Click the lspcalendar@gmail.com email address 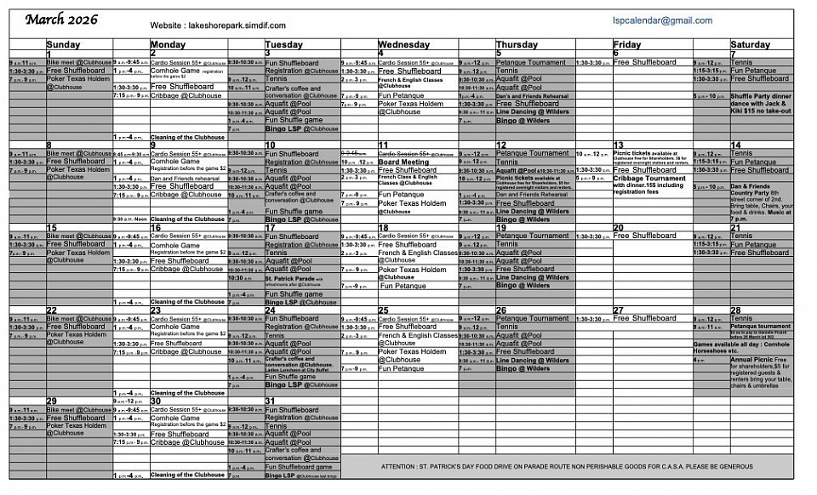click(x=662, y=20)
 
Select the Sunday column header click(x=63, y=44)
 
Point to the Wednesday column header click(x=404, y=44)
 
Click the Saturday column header click(x=750, y=44)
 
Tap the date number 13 click(x=619, y=145)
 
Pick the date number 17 click(x=270, y=228)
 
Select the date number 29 click(x=52, y=401)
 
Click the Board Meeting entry click(x=403, y=162)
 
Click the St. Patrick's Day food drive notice click(x=567, y=466)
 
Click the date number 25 click(x=383, y=310)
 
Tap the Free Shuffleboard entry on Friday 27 click(x=644, y=318)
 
